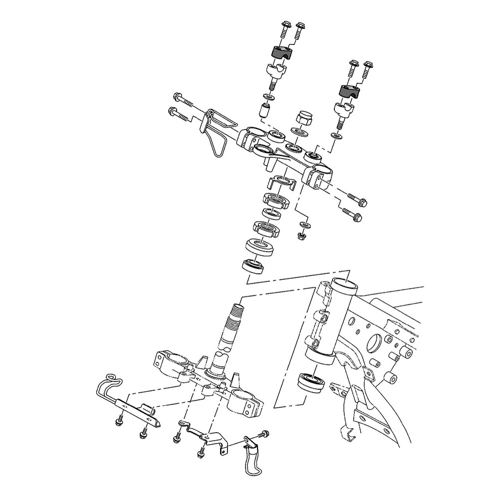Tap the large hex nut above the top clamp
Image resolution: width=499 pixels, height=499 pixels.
pos(303,119)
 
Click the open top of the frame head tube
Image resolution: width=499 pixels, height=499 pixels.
pos(344,286)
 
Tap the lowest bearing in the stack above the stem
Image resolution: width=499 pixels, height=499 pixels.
pos(254,266)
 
